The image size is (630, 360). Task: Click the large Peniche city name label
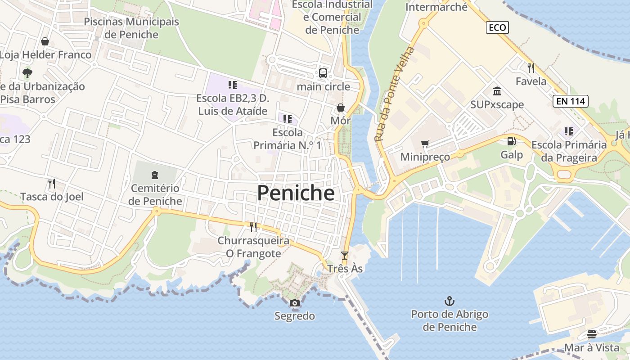click(296, 193)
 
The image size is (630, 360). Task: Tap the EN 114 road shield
click(571, 101)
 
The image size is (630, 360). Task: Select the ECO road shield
click(497, 27)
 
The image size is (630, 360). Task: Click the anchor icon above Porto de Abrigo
click(449, 301)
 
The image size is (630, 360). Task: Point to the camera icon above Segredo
click(295, 303)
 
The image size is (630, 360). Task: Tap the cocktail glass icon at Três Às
click(345, 256)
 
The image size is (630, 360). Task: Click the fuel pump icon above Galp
click(512, 141)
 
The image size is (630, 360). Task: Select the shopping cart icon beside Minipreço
click(425, 144)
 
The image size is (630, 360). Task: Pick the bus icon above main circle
click(323, 73)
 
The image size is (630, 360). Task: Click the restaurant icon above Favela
click(531, 68)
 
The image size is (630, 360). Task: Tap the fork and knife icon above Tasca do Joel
click(52, 183)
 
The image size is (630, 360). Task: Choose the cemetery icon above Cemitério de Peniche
click(155, 175)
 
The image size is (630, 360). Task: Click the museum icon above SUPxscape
click(497, 91)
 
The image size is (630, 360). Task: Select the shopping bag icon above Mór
click(341, 108)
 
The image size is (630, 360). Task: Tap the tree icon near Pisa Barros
click(27, 73)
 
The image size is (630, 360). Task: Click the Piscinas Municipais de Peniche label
click(131, 28)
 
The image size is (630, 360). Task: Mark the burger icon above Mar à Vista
click(591, 334)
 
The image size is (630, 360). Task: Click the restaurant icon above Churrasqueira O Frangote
click(253, 227)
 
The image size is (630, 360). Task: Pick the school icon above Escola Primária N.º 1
click(288, 119)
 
